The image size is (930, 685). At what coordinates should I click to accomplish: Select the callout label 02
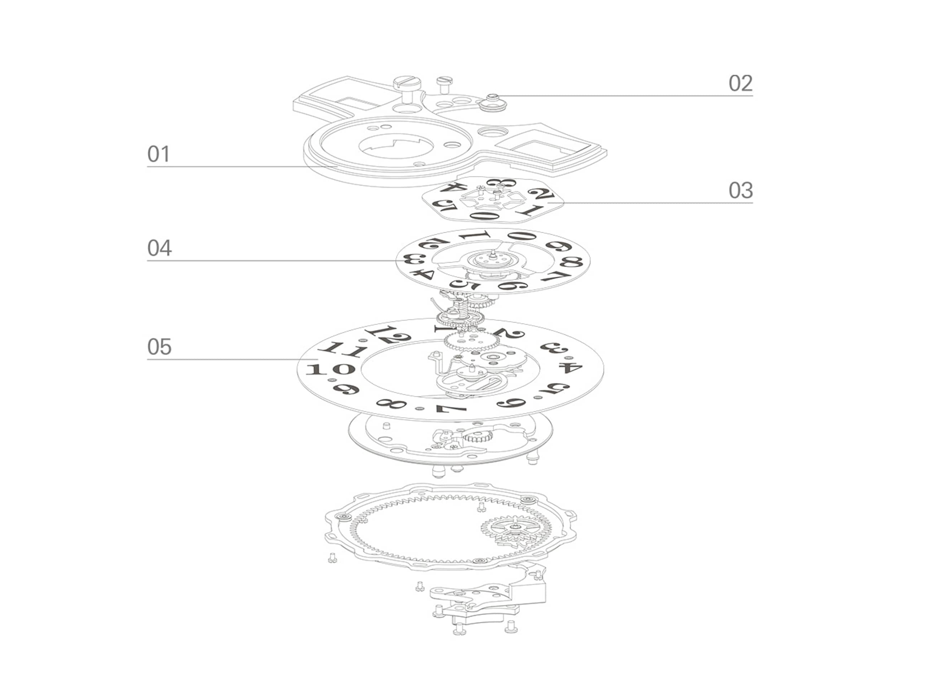(740, 83)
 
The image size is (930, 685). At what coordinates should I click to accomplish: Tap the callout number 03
(740, 190)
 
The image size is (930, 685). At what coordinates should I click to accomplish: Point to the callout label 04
(159, 248)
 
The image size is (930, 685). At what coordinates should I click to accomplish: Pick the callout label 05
(159, 347)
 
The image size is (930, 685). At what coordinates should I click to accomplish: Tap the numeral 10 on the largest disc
(330, 369)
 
